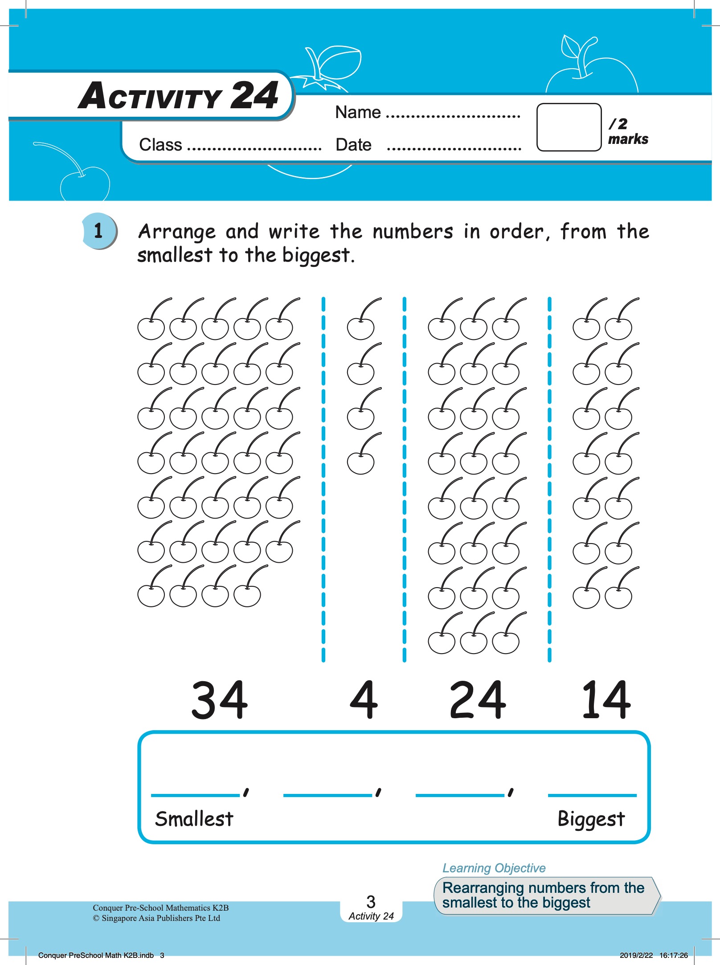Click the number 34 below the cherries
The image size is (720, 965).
[219, 700]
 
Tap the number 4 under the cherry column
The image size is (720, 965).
[364, 700]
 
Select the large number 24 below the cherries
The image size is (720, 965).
[478, 700]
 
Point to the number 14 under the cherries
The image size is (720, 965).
[606, 700]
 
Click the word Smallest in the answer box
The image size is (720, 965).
[194, 819]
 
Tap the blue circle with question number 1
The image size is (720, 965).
[99, 231]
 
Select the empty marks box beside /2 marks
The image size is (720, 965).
[569, 127]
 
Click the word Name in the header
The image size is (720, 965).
[358, 112]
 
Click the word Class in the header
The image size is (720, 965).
[160, 145]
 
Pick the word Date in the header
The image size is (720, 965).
[353, 145]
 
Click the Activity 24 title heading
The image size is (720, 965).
[178, 96]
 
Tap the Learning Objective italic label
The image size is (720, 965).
[494, 868]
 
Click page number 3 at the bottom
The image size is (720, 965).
[371, 902]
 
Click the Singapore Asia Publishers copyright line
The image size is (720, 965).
[156, 918]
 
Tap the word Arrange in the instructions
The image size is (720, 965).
[177, 232]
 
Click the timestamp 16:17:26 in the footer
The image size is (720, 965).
[673, 955]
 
